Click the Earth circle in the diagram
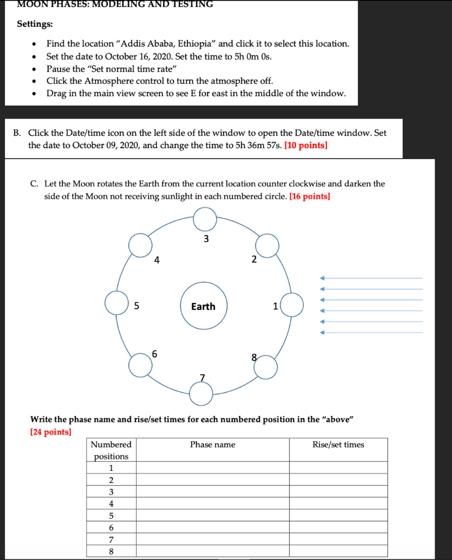tap(203, 306)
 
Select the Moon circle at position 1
tap(292, 305)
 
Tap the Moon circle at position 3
tap(205, 220)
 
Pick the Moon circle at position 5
tap(116, 303)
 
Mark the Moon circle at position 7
tap(201, 392)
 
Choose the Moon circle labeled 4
tap(140, 244)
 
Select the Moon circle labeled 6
tap(140, 365)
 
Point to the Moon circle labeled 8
tap(266, 367)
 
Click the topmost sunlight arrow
tap(372, 278)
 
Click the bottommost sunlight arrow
tap(372, 332)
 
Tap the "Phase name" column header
tap(213, 445)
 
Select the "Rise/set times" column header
tap(338, 445)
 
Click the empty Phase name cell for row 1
tap(213, 468)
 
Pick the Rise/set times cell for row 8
tap(338, 551)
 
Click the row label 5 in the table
tap(111, 516)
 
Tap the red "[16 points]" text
tap(309, 196)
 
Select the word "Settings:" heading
tap(35, 24)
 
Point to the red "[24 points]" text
tap(50, 432)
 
